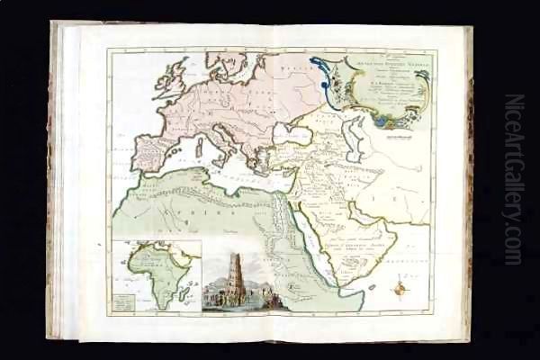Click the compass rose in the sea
pos(401,289)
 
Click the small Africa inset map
pos(157,275)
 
